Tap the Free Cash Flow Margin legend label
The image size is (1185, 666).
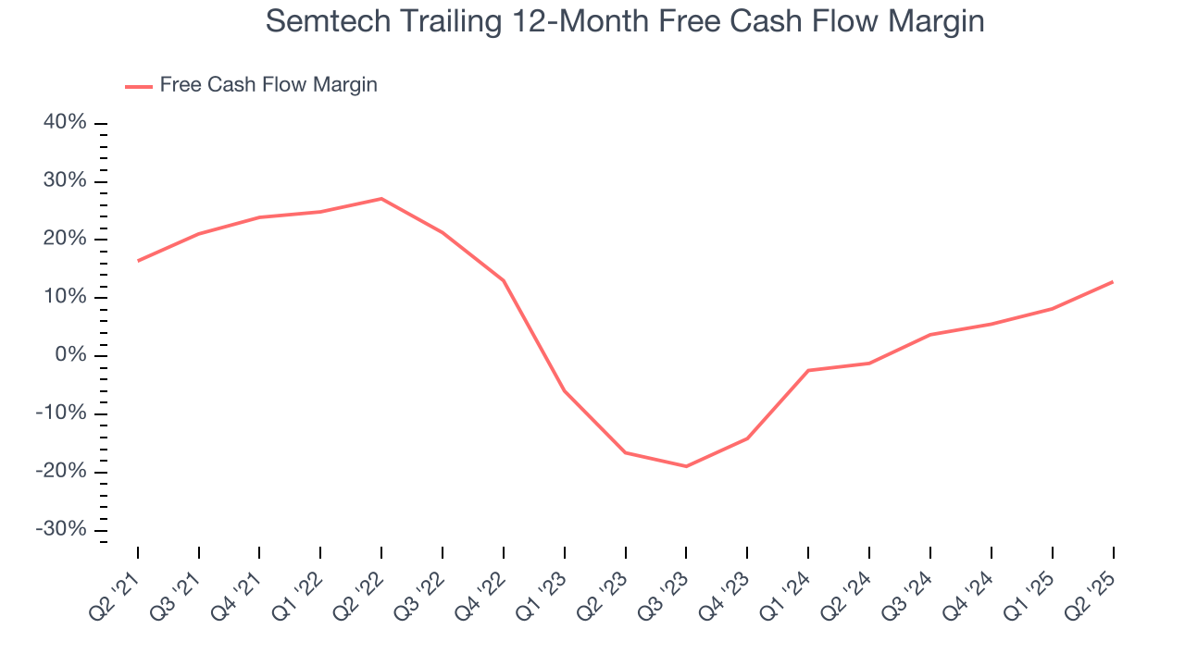tap(268, 85)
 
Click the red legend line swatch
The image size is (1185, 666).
tap(139, 86)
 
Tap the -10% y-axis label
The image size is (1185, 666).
tap(61, 413)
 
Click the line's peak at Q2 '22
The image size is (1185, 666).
tap(381, 199)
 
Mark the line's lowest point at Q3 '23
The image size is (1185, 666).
tap(686, 466)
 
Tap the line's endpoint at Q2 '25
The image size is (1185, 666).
tap(1112, 282)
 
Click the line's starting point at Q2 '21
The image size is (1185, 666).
tap(138, 261)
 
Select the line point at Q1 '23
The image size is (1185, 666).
tap(564, 391)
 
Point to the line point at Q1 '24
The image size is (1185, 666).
tap(808, 370)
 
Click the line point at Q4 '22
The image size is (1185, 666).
tap(504, 280)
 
